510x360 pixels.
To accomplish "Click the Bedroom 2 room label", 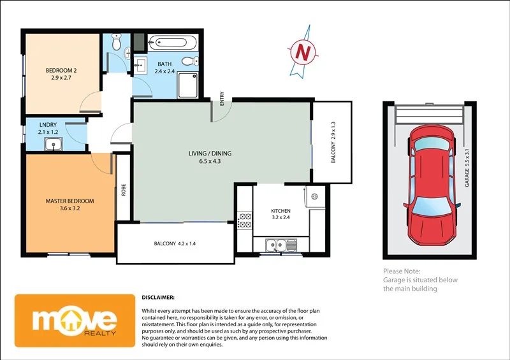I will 63,70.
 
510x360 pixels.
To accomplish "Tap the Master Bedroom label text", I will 69,201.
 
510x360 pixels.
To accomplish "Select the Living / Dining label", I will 210,154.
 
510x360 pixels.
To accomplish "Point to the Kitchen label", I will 280,211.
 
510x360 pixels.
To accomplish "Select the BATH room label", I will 165,64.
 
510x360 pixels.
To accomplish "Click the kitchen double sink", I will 281,244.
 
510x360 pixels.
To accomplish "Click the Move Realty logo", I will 75,320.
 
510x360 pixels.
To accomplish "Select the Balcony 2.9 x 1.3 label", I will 333,141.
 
